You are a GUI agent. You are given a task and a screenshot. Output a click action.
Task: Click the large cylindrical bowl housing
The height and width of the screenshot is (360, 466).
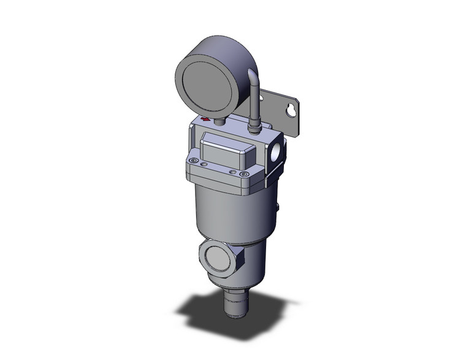point(227,209)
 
